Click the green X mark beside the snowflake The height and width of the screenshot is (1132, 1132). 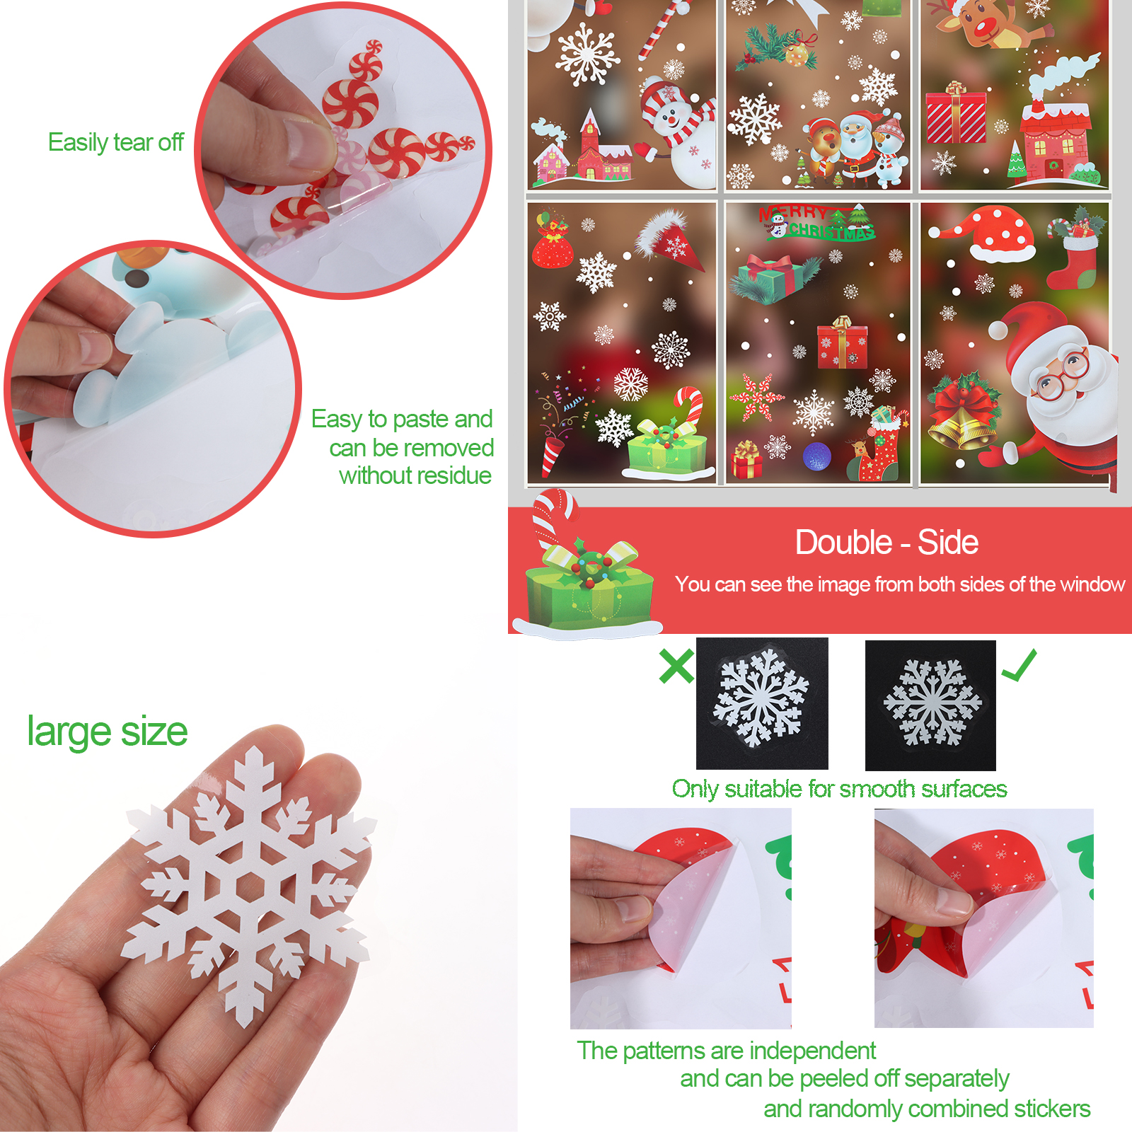tap(676, 666)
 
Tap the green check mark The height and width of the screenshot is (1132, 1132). tap(1019, 665)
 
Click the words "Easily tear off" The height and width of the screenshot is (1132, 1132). tap(116, 143)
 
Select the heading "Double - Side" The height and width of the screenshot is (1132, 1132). tap(886, 543)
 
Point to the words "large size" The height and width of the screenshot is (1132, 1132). tap(108, 732)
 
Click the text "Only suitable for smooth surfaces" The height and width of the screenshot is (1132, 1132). tap(839, 789)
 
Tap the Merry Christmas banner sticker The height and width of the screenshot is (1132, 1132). tap(817, 223)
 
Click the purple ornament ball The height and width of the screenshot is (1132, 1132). tap(816, 456)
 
